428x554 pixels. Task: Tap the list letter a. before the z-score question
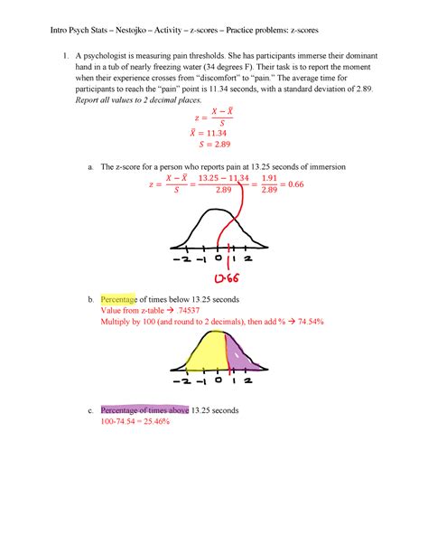89,168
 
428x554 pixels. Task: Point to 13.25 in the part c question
209,409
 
